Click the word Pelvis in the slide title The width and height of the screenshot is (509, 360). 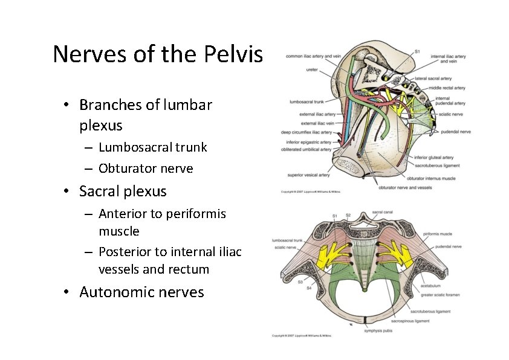click(x=233, y=54)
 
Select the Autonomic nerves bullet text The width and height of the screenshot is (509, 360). click(x=141, y=292)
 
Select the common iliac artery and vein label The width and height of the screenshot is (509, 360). click(x=313, y=56)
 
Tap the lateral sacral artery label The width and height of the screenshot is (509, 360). click(x=433, y=79)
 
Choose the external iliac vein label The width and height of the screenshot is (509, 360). click(x=318, y=123)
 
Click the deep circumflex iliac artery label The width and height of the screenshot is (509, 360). click(x=306, y=132)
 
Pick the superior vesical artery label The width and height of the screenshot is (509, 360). click(x=308, y=175)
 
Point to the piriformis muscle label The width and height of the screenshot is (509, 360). click(x=438, y=233)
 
